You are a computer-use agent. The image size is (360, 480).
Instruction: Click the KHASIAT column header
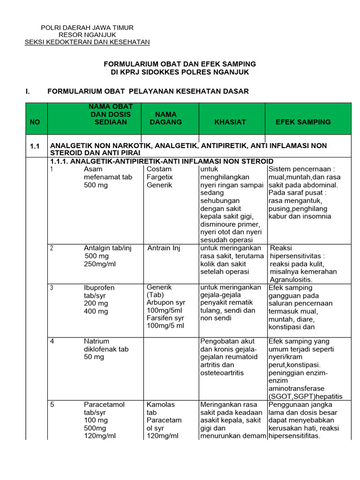coord(230,122)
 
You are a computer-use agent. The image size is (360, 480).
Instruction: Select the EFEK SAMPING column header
coord(303,122)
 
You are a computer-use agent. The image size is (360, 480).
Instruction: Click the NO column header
coord(35,122)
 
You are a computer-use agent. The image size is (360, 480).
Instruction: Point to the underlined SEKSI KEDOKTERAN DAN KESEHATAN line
coord(87,42)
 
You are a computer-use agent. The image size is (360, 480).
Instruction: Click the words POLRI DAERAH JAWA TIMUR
coord(88,28)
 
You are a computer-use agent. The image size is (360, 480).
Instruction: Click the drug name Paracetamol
coord(104,405)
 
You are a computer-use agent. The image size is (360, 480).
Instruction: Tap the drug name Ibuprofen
coord(99,287)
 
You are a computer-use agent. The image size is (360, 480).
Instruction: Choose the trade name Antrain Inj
coord(164,248)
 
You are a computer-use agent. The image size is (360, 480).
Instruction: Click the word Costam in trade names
coord(159,169)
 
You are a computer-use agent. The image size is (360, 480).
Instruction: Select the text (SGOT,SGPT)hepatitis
coord(305,397)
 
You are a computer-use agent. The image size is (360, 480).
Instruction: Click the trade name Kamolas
coord(160,405)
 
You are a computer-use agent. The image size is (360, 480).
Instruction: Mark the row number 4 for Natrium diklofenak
coord(52,341)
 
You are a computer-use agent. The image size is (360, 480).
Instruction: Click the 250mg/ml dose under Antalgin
coord(100,264)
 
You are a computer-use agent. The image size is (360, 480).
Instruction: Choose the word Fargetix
coord(159,177)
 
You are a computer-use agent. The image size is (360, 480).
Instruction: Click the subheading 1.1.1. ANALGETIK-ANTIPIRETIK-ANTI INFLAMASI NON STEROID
coord(162,161)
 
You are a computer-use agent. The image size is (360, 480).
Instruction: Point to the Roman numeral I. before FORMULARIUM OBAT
coord(28,91)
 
